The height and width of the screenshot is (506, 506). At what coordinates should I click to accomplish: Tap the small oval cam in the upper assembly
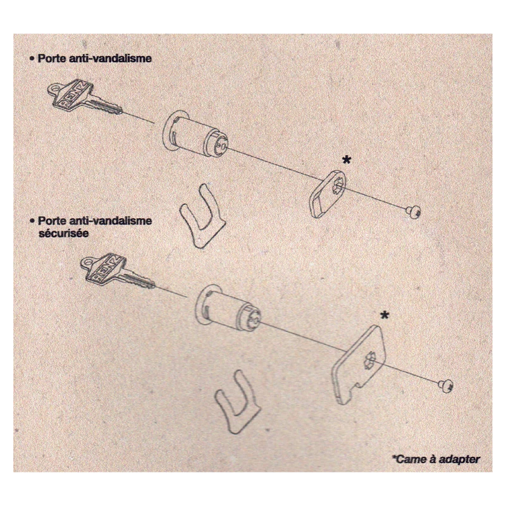[x=328, y=194]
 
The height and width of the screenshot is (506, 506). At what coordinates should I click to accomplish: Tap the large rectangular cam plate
[x=359, y=365]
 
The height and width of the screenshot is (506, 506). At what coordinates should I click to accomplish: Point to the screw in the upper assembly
[x=413, y=211]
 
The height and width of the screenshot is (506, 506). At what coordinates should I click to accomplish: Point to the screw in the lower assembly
[x=446, y=386]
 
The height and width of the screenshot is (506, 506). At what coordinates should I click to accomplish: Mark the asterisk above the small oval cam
[x=347, y=159]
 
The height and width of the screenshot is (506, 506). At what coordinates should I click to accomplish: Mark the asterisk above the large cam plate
[x=385, y=315]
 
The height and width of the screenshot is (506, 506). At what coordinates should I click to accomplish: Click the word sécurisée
[x=64, y=233]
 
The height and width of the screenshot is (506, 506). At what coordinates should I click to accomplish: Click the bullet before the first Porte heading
[x=32, y=58]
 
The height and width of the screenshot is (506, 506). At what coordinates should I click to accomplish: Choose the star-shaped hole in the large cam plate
[x=369, y=360]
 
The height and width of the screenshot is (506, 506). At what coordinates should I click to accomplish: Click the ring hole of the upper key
[x=54, y=88]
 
